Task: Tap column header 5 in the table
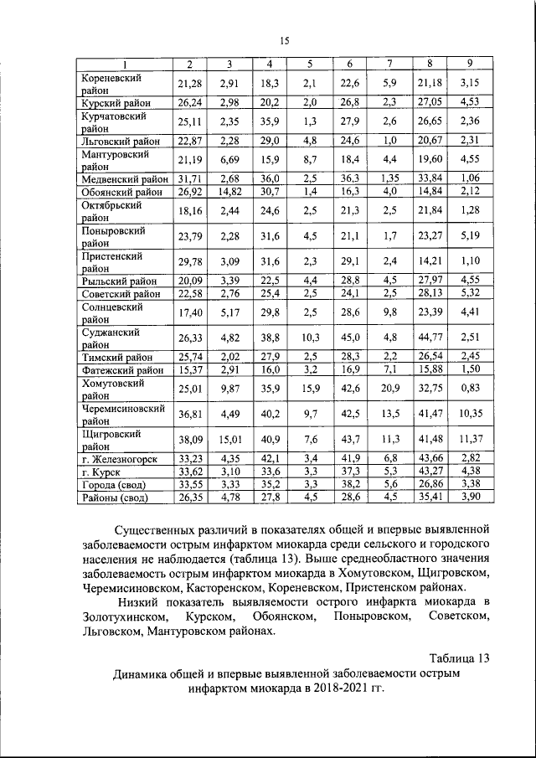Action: (x=309, y=64)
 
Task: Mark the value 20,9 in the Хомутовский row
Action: (x=390, y=389)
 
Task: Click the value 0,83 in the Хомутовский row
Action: (x=470, y=389)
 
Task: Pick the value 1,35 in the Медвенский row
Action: (x=390, y=178)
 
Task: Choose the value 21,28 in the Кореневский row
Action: (x=190, y=82)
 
